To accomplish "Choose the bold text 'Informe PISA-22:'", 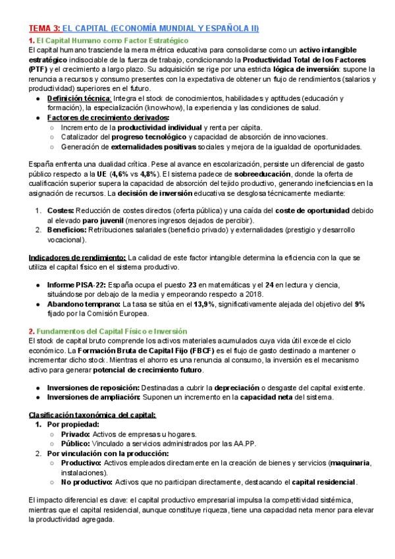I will click(75, 285).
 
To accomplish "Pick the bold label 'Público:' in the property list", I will click(77, 444).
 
